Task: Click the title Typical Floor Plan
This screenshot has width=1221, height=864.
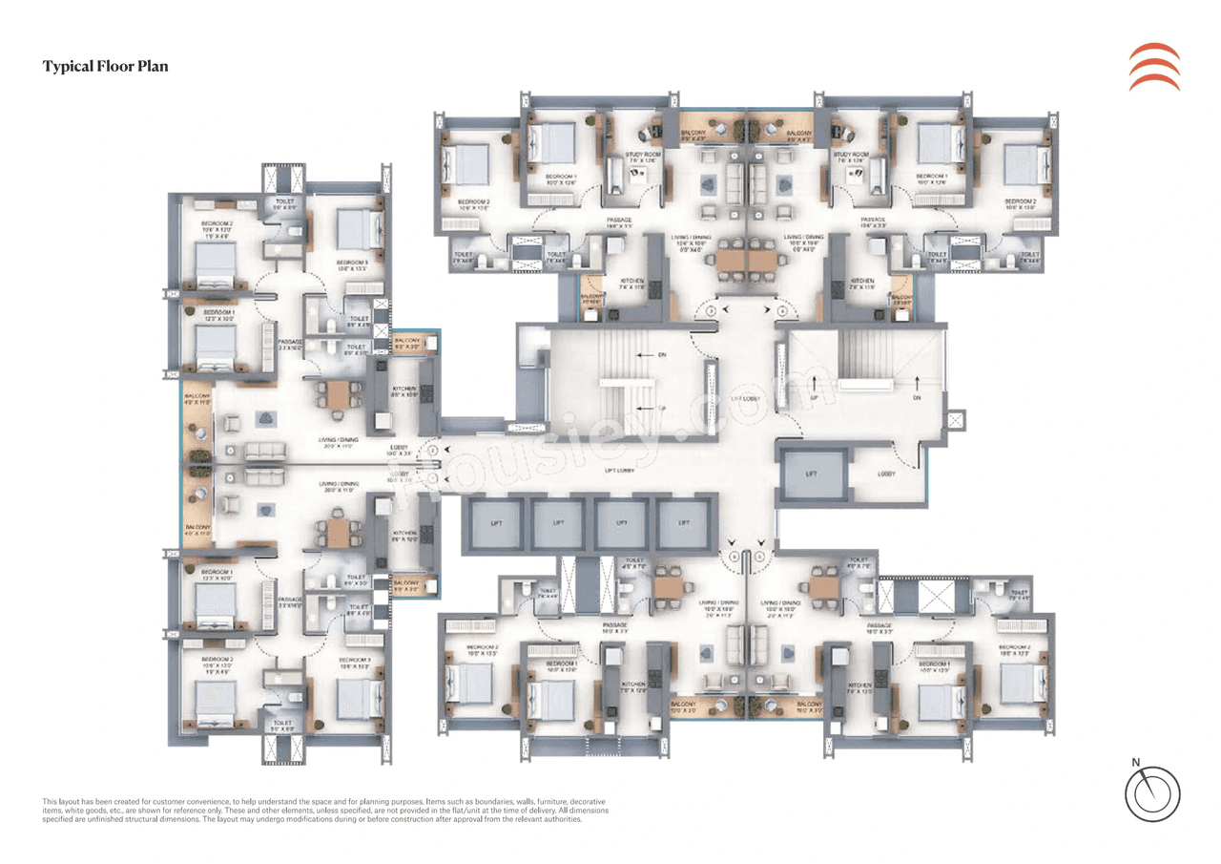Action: (x=105, y=67)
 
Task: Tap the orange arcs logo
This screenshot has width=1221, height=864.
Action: (x=1153, y=67)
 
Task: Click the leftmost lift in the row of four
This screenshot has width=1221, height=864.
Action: (x=493, y=523)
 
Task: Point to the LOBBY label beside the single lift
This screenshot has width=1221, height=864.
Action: (x=886, y=474)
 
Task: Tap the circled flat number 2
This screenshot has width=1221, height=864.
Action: (x=432, y=449)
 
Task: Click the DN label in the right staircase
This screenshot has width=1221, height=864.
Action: (x=917, y=397)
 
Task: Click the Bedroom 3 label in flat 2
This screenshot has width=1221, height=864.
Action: (x=352, y=263)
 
